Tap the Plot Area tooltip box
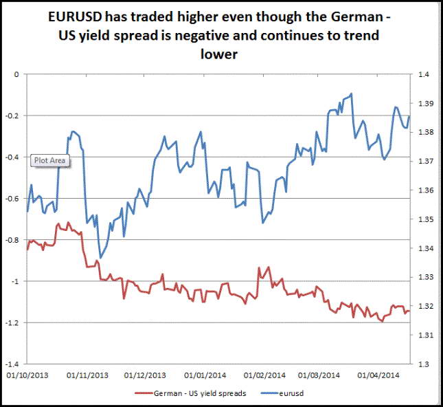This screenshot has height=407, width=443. (x=50, y=160)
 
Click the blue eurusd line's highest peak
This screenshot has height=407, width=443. (x=351, y=93)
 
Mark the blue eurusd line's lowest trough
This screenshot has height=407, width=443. (x=100, y=258)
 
